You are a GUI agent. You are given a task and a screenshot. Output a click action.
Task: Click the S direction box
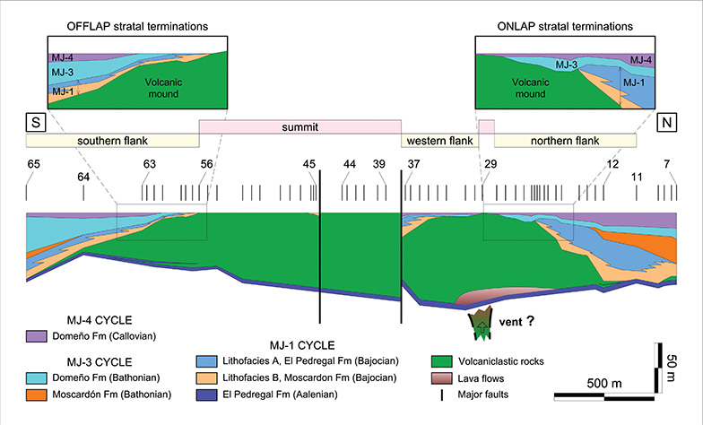(x=36, y=122)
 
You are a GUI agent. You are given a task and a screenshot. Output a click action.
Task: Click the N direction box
(x=667, y=122)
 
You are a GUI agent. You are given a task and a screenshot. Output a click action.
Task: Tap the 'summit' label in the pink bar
(x=299, y=127)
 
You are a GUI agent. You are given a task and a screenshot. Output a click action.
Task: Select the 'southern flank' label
(x=113, y=141)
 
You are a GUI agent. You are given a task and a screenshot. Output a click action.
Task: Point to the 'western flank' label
(x=439, y=141)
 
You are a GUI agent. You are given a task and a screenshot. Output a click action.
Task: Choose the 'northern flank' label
(x=565, y=141)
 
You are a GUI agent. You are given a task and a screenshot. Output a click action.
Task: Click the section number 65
(x=34, y=164)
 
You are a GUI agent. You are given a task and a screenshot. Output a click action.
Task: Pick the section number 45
(x=308, y=164)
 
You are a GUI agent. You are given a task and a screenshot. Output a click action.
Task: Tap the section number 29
(x=490, y=164)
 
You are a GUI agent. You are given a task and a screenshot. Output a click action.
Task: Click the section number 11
(x=637, y=178)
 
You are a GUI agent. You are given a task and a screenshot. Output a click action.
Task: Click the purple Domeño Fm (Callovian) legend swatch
(x=36, y=336)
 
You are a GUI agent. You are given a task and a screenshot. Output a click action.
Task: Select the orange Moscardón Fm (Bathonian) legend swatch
(x=36, y=395)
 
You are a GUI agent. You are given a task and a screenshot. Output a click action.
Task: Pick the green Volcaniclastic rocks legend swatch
(x=441, y=361)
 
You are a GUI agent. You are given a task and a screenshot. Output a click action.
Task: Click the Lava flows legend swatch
(x=441, y=378)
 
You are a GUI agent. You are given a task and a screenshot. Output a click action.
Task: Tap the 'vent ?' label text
(x=516, y=321)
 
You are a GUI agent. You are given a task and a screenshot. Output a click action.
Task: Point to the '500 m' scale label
(x=604, y=384)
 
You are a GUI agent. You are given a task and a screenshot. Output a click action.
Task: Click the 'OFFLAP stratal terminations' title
(x=137, y=27)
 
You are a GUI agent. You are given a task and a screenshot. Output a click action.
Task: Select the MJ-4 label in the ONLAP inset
(x=641, y=60)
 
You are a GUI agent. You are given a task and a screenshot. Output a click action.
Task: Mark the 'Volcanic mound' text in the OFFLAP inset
(x=163, y=88)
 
